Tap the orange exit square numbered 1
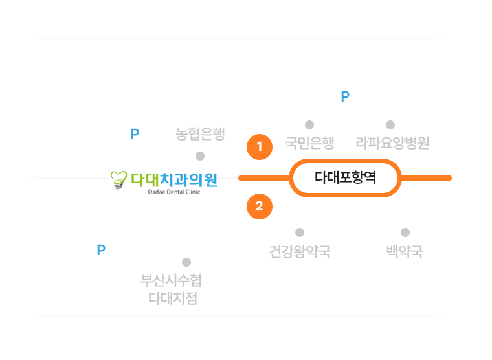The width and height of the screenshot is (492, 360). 259,147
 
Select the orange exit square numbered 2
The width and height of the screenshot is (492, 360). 259,207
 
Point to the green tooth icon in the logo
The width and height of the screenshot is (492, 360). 119,181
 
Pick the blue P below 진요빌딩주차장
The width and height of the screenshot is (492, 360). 345,97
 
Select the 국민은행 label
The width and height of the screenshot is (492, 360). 309,142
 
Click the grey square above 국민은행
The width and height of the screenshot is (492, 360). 309,124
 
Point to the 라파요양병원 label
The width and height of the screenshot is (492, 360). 392,142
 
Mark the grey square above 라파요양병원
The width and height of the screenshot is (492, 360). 390,124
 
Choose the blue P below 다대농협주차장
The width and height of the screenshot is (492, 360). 135,135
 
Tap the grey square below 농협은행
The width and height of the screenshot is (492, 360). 200,156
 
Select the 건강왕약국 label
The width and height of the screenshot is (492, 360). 300,251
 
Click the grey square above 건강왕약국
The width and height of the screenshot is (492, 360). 300,232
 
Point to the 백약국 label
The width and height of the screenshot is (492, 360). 404,251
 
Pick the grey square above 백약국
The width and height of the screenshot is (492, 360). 405,232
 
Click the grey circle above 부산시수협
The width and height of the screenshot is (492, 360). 186,262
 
